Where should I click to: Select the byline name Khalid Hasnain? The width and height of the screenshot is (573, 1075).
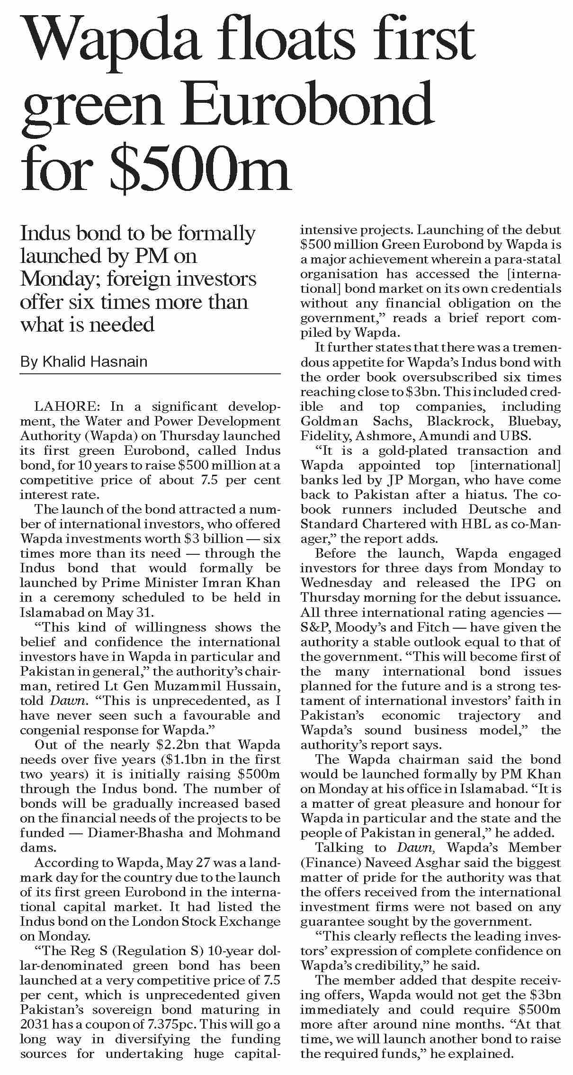point(95,362)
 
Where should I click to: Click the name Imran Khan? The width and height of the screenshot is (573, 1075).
point(246,583)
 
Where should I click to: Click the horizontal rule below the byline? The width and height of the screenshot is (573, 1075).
point(150,374)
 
